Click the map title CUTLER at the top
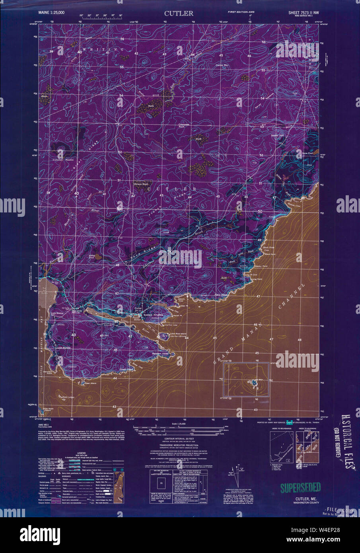click(179, 13)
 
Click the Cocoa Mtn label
click(222, 65)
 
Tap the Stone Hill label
click(277, 136)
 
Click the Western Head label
click(160, 353)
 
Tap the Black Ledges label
click(68, 397)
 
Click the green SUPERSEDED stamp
click(300, 487)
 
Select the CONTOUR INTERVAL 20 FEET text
click(180, 437)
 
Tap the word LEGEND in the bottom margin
click(81, 453)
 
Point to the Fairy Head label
click(233, 295)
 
